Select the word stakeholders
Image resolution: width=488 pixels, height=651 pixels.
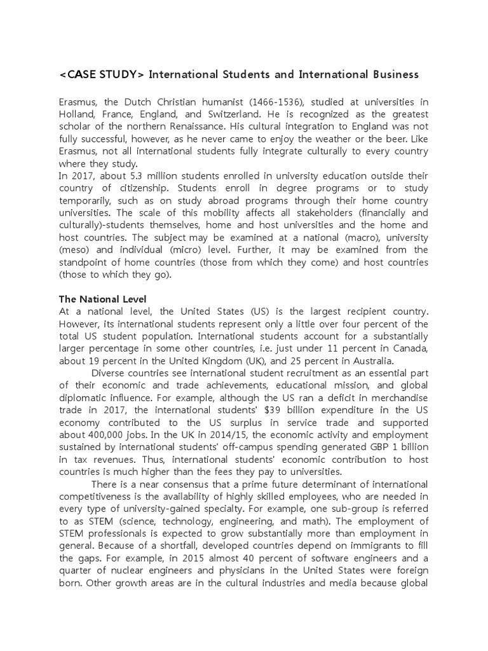pos(346,213)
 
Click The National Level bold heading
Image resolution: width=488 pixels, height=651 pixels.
pos(103,299)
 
